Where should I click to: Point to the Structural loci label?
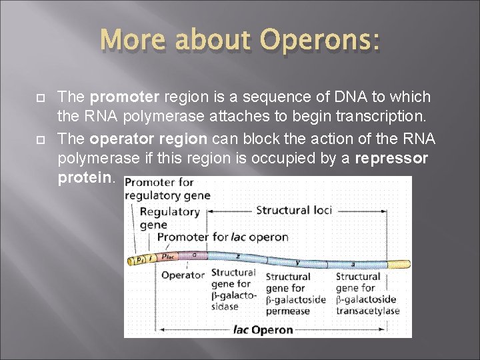click(294, 211)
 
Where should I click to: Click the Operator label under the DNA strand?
click(183, 275)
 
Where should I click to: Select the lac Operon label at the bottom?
click(263, 329)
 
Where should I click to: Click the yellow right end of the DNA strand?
click(399, 265)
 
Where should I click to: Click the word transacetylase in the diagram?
click(367, 311)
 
